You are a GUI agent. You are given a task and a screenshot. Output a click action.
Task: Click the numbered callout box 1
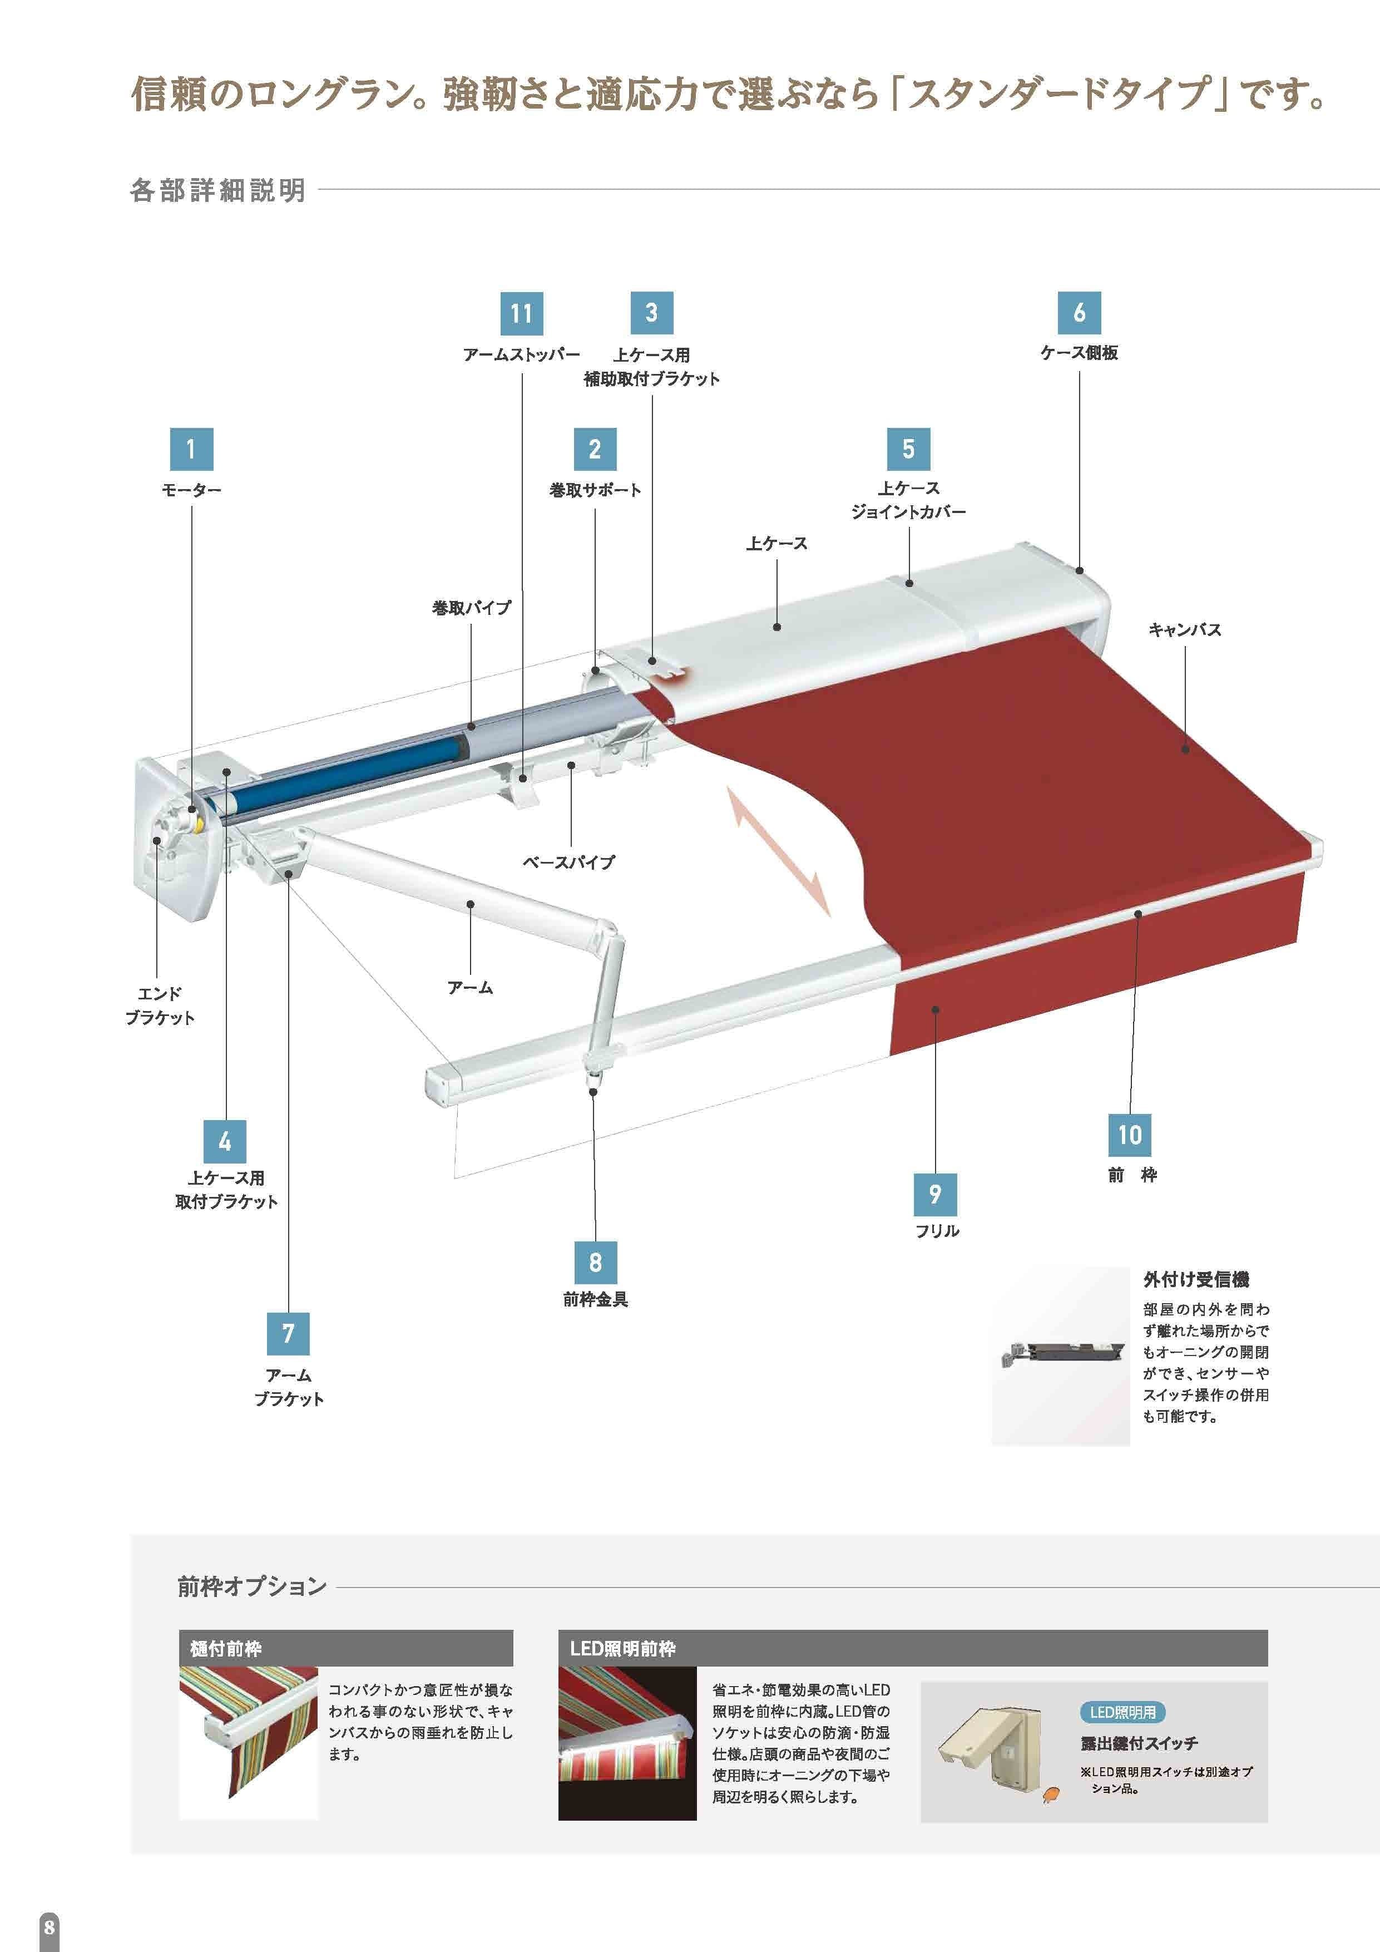point(191,449)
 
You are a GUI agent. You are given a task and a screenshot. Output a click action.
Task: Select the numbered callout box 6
point(1079,312)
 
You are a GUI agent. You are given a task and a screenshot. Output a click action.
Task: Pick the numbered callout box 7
point(288,1333)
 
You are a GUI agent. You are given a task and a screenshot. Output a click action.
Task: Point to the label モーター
point(191,491)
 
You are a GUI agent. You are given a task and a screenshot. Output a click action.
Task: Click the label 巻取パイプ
point(472,608)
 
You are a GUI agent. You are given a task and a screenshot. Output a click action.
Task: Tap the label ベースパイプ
point(568,861)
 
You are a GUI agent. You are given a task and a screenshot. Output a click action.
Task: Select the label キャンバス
point(1185,630)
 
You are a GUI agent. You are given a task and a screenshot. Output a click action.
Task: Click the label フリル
point(937,1231)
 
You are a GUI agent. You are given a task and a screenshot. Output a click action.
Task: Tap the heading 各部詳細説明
point(217,190)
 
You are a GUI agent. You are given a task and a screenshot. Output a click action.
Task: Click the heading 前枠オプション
point(251,1586)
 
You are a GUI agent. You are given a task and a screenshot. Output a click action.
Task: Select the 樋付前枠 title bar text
point(225,1649)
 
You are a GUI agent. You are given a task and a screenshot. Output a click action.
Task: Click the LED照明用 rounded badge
point(1122,1712)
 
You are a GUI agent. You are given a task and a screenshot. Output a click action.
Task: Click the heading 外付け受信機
point(1195,1279)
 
